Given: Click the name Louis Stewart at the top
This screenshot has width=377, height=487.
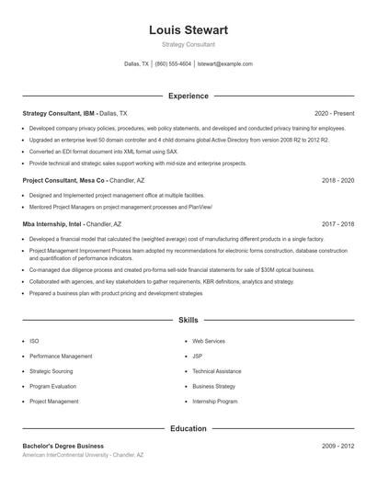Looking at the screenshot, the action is point(188,29).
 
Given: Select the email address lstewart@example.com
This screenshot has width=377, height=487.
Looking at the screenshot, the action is point(224,64).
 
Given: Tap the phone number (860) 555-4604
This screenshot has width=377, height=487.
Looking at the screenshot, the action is point(173,64).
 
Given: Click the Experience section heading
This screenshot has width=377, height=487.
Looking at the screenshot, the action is point(188,96).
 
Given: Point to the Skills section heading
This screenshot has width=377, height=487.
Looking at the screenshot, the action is point(188,320).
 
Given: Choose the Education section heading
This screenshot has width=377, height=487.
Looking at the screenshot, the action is point(188,428).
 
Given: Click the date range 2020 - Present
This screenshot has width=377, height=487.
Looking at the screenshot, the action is point(334,113).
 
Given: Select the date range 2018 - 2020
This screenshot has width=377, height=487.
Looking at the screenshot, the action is point(337,180).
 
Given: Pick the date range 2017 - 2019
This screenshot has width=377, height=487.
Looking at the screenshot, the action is point(337,223).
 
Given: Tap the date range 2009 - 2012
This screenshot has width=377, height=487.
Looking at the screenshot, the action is point(337,446).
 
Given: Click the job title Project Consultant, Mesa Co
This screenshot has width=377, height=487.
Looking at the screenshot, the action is point(64,180).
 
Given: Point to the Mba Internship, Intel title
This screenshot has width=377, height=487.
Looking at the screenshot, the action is point(52,223).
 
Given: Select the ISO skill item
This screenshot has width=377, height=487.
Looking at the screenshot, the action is point(34,341).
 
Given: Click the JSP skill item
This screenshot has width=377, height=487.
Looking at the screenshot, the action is point(198,356).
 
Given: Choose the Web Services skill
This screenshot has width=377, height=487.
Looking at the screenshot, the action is point(209,341).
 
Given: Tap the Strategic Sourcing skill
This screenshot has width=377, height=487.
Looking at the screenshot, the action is point(51,371).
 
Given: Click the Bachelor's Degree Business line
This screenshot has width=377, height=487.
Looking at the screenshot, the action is point(63,446).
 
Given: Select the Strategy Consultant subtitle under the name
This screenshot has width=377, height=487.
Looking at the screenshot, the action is point(188,44).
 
